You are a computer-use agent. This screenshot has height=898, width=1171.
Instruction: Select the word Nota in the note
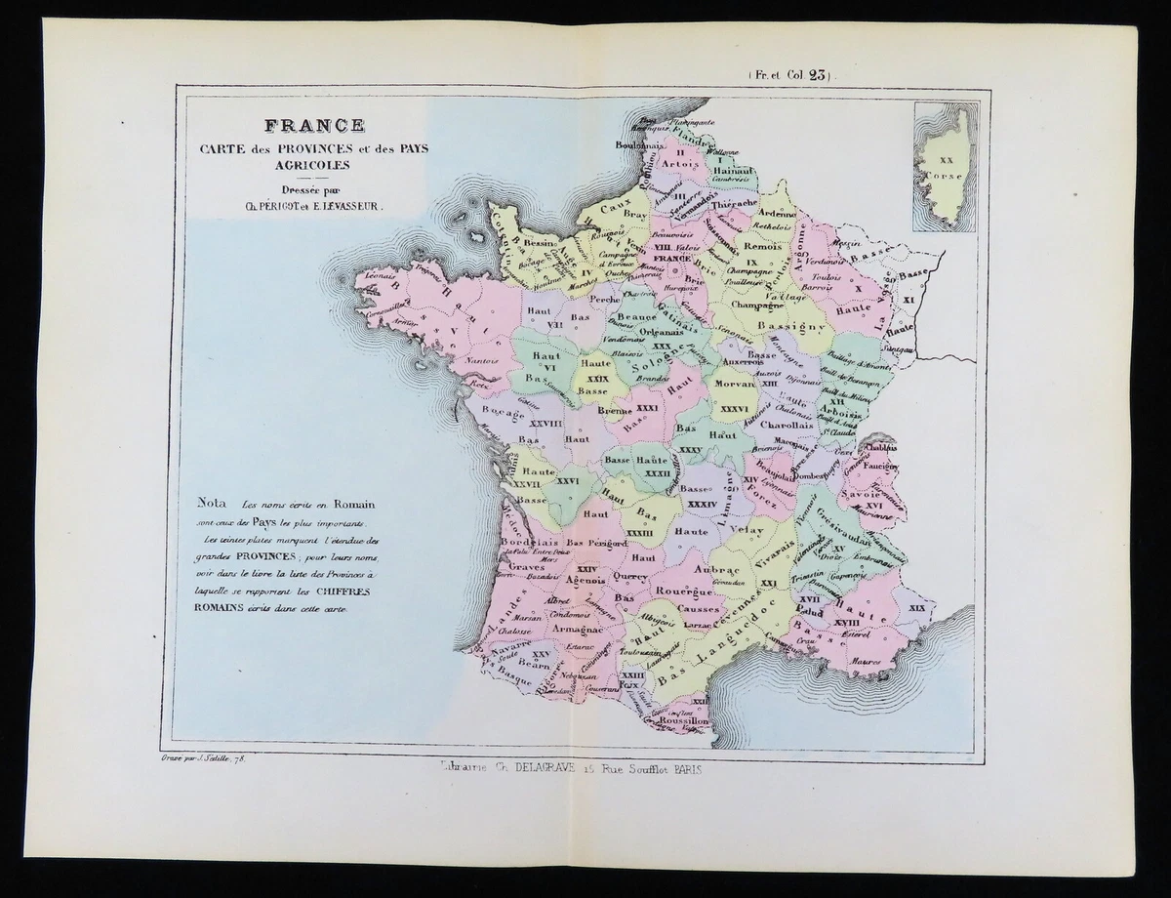tap(214, 506)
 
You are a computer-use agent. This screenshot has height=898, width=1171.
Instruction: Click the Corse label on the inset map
tap(948, 177)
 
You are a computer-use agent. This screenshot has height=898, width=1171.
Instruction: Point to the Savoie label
tap(870, 496)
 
